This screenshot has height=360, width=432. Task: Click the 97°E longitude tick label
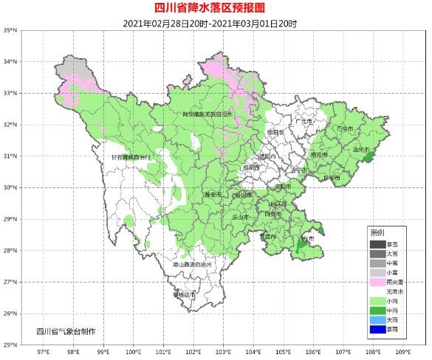[43, 353]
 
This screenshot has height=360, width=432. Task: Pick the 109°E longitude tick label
[404, 353]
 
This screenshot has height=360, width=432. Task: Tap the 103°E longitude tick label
[224, 353]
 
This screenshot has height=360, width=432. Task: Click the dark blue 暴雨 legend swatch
[378, 330]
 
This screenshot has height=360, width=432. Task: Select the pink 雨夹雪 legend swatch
[378, 283]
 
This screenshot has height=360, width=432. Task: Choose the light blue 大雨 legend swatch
[378, 320]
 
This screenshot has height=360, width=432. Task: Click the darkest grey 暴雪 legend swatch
[378, 244]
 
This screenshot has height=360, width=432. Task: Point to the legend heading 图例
[377, 233]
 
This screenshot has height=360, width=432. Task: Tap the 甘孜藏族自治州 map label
[130, 157]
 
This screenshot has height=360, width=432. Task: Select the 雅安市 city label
[213, 195]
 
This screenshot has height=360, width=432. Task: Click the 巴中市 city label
[345, 128]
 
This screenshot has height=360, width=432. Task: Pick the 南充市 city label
[319, 156]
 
